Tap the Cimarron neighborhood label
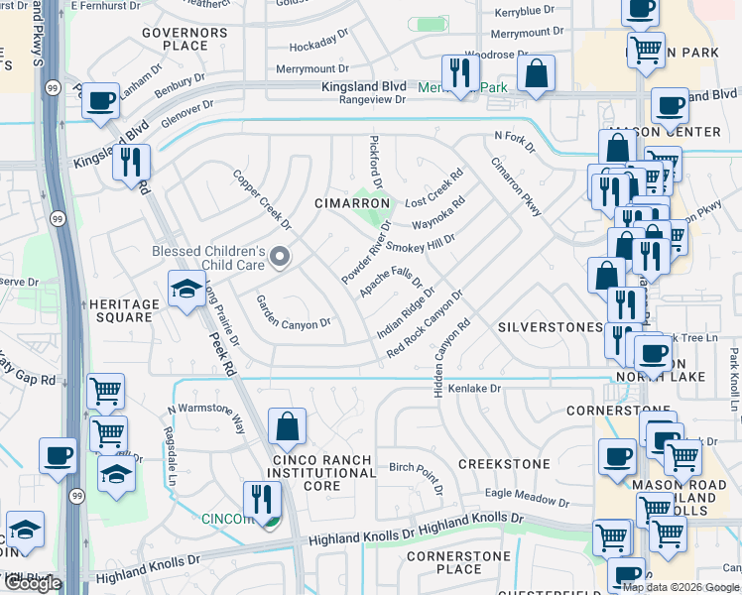(x=351, y=203)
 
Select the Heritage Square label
(x=123, y=310)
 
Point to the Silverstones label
(x=551, y=326)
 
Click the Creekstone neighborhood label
(x=504, y=464)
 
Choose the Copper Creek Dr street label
(x=262, y=197)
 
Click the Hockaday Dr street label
(x=320, y=47)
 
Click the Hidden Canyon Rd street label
(x=451, y=358)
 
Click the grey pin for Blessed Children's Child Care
(x=280, y=258)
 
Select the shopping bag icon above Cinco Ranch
(x=287, y=426)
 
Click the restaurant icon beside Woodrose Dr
(x=460, y=71)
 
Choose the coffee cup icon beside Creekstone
(x=617, y=457)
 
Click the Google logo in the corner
(x=32, y=584)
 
